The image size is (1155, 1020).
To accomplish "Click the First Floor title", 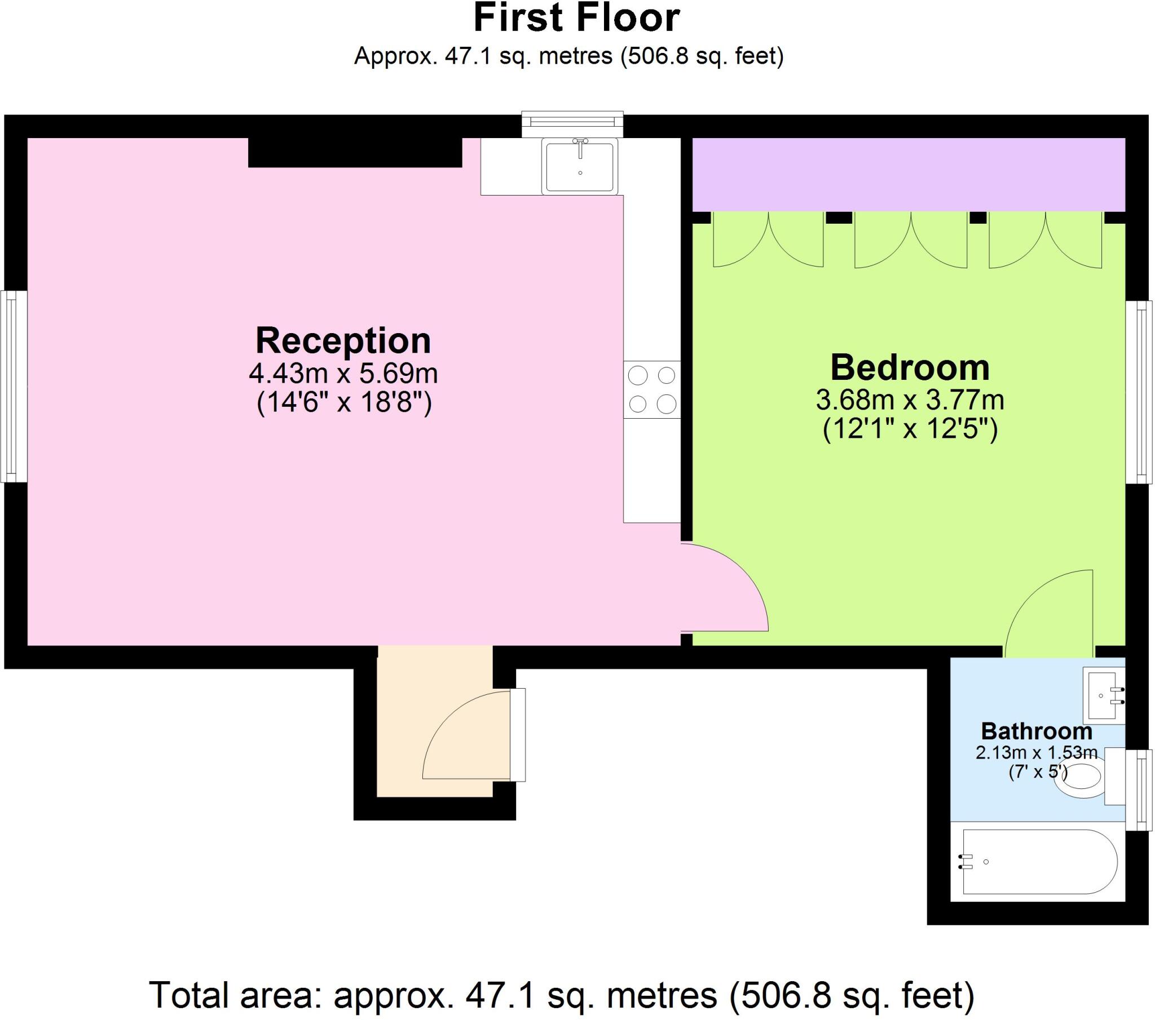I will pyautogui.click(x=576, y=18).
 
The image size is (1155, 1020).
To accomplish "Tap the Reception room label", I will pyautogui.click(x=343, y=340).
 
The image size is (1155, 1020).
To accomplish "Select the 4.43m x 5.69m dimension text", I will pyautogui.click(x=343, y=373).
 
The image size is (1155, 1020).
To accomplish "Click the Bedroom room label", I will pyautogui.click(x=909, y=367).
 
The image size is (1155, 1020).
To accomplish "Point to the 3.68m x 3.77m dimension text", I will pyautogui.click(x=909, y=401).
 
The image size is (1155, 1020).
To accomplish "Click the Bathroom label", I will pyautogui.click(x=1037, y=731).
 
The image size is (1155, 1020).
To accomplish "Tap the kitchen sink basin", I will pyautogui.click(x=580, y=166).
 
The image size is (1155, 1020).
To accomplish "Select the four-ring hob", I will pyautogui.click(x=651, y=390).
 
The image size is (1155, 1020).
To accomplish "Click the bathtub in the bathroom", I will pyautogui.click(x=1039, y=862).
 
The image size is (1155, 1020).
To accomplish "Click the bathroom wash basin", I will pyautogui.click(x=1102, y=695).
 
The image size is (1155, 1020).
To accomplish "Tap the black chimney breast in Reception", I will pyautogui.click(x=355, y=153).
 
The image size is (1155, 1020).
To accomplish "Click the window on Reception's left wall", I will pyautogui.click(x=14, y=387).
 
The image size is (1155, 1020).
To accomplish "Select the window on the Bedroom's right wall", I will pyautogui.click(x=1139, y=392).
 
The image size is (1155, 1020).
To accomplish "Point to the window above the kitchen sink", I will pyautogui.click(x=572, y=123).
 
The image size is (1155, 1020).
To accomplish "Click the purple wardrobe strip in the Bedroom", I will pyautogui.click(x=909, y=175).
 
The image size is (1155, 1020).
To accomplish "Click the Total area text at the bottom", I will pyautogui.click(x=562, y=995).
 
